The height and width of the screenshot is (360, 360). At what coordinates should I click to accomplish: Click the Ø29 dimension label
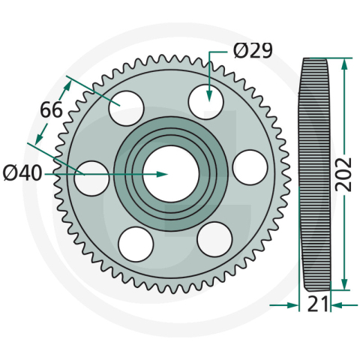pyautogui.click(x=253, y=51)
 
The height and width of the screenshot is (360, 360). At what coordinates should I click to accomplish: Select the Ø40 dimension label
pyautogui.click(x=22, y=173)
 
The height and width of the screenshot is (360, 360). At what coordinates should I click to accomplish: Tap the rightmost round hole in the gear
pyautogui.click(x=250, y=166)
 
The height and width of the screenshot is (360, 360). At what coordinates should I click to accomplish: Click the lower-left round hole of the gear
pyautogui.click(x=136, y=244)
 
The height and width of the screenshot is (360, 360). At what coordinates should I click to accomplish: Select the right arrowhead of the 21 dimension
pyautogui.click(x=335, y=305)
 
